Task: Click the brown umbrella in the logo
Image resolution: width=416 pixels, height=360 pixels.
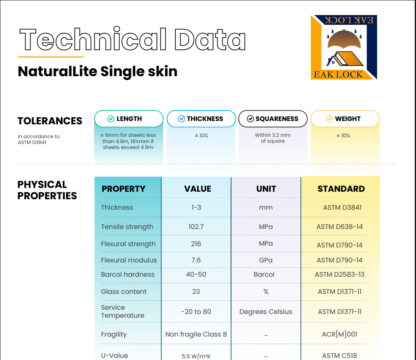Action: click(344, 40)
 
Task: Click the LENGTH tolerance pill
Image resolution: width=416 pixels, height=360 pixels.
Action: click(128, 118)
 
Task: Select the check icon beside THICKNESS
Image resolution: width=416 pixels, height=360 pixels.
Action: click(182, 118)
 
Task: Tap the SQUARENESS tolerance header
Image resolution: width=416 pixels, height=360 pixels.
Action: click(273, 118)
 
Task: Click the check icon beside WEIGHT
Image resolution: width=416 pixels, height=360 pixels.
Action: click(329, 118)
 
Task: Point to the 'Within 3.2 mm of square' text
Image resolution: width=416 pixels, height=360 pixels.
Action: click(273, 138)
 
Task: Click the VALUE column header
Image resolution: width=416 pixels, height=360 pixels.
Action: click(198, 189)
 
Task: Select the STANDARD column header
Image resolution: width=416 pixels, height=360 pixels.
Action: click(341, 189)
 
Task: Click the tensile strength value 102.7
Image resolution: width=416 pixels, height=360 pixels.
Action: click(196, 226)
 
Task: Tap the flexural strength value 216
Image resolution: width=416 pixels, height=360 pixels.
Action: click(196, 244)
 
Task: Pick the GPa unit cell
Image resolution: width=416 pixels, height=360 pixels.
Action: click(266, 260)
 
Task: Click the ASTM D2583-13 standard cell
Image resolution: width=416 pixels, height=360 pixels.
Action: click(339, 274)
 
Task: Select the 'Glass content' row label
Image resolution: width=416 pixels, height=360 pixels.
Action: click(123, 291)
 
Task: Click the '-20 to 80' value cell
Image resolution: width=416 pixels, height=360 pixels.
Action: click(196, 311)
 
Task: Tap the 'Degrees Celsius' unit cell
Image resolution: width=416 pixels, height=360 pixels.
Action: click(266, 311)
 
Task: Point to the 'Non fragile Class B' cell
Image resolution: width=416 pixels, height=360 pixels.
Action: click(196, 334)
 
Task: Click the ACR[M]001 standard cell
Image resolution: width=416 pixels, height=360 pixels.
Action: click(339, 334)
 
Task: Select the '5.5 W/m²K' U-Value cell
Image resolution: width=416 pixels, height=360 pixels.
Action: click(196, 356)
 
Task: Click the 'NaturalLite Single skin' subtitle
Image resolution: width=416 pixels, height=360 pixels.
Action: click(98, 71)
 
